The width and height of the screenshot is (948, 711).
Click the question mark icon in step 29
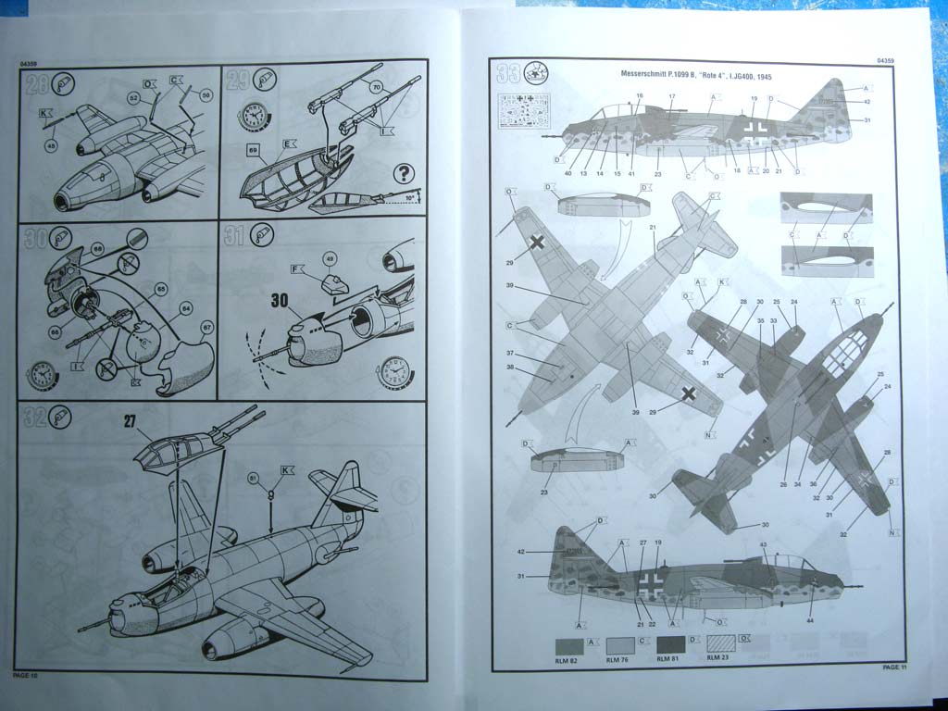click(403, 173)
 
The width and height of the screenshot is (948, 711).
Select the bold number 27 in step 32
click(131, 419)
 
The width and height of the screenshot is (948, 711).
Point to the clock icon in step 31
click(393, 372)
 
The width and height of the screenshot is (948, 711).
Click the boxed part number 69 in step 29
click(252, 148)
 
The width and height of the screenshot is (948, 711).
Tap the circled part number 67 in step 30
click(206, 326)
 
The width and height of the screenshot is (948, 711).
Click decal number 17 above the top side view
click(672, 96)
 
